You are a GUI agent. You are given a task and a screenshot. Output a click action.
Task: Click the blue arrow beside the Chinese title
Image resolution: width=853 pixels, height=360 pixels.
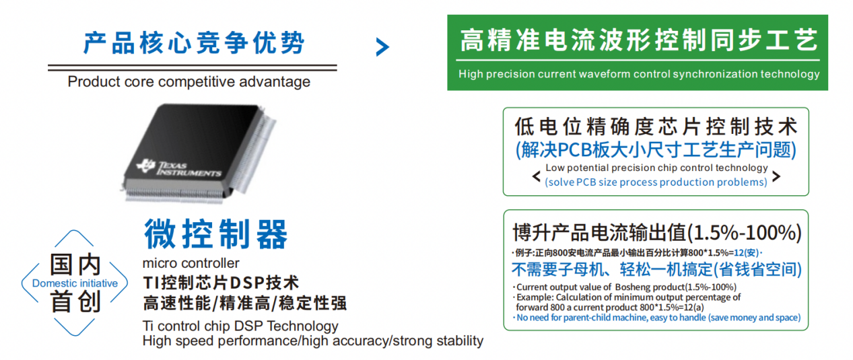pyautogui.click(x=382, y=47)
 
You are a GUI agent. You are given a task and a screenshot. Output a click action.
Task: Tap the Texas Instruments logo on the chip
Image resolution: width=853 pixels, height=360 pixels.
pyautogui.click(x=179, y=168)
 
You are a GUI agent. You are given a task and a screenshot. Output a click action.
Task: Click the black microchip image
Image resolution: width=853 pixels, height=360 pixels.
pyautogui.click(x=199, y=153)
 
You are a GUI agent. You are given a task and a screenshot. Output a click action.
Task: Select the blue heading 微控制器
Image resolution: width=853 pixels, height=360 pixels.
pyautogui.click(x=215, y=234)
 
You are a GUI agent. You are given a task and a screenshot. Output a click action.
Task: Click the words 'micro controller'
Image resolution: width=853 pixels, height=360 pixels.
pyautogui.click(x=191, y=263)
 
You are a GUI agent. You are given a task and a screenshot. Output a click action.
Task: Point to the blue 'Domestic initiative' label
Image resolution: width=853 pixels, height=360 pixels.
pyautogui.click(x=75, y=283)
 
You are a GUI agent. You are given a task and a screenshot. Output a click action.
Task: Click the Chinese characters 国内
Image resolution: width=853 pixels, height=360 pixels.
pyautogui.click(x=75, y=264)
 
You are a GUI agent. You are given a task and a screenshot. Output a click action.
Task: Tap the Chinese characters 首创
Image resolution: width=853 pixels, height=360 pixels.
pyautogui.click(x=75, y=301)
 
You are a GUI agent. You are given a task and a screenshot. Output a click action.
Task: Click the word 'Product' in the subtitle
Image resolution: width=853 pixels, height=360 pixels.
pyautogui.click(x=89, y=81)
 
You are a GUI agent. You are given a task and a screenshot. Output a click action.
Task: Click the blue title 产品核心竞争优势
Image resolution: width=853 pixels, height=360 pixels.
pyautogui.click(x=194, y=43)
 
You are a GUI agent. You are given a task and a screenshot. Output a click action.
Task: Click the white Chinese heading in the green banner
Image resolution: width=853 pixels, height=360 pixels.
pyautogui.click(x=639, y=40)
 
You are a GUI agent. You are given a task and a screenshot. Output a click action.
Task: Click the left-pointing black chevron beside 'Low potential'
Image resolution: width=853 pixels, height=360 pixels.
pyautogui.click(x=536, y=176)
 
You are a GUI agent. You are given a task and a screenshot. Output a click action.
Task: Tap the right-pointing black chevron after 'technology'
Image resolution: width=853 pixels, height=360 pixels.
pyautogui.click(x=776, y=176)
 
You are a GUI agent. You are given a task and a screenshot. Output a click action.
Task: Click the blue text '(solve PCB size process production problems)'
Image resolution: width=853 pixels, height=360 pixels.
pyautogui.click(x=656, y=182)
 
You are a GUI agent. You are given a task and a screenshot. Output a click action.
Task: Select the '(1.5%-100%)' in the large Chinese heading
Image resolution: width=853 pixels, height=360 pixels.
pyautogui.click(x=745, y=233)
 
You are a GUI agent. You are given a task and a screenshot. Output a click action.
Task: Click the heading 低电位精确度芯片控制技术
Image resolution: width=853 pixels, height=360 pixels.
pyautogui.click(x=656, y=127)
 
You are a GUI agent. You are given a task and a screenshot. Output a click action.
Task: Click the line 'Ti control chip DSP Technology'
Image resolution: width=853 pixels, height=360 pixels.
pyautogui.click(x=240, y=326)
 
